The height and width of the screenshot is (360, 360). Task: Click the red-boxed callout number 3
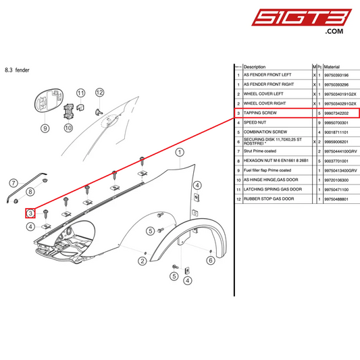(30, 213)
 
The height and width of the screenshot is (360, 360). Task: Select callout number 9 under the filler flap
(45, 127)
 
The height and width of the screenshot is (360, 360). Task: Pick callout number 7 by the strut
(12, 182)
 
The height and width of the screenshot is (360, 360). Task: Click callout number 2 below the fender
(143, 261)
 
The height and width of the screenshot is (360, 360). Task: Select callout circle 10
(68, 127)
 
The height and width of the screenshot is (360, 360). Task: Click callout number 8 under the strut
(30, 193)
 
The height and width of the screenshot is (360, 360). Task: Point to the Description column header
(255, 68)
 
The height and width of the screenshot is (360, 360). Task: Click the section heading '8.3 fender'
(17, 70)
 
